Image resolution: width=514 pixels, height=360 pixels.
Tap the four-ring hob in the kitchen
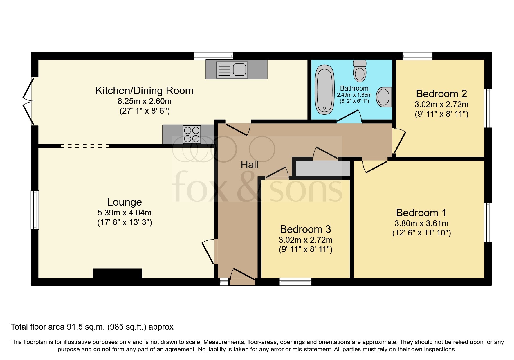click(192, 135)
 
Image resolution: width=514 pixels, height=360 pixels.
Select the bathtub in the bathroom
click(324, 89)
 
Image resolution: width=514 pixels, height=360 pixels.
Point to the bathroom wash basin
click(384, 97)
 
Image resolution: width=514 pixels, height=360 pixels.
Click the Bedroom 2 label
click(441, 94)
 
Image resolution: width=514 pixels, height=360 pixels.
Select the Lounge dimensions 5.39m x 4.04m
click(125, 213)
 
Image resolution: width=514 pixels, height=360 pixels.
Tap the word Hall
click(249, 165)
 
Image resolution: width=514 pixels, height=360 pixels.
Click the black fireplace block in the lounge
click(117, 273)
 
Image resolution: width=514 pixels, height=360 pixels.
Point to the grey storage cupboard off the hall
click(322, 168)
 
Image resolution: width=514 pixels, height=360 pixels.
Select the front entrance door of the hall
click(242, 276)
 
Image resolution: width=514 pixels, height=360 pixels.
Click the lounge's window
click(35, 210)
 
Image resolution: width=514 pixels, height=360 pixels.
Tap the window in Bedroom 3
click(295, 281)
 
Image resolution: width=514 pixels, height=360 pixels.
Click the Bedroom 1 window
click(488, 222)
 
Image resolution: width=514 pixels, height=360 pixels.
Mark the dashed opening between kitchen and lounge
click(85, 146)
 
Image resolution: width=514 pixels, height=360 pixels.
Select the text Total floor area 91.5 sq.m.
click(58, 327)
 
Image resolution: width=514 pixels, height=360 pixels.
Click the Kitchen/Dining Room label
click(144, 91)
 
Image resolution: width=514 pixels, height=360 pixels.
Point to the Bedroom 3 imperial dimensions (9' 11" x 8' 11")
click(305, 249)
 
